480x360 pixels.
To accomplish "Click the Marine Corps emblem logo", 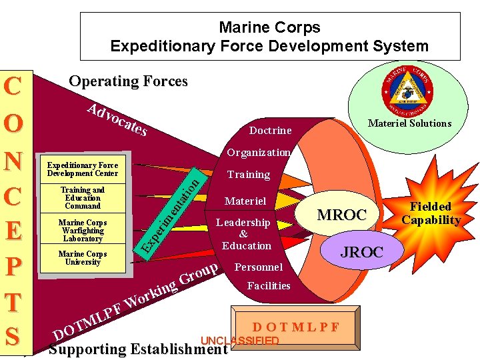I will (407, 89).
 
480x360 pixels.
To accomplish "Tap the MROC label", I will (341, 215).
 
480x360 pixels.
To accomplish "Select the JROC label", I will (362, 252).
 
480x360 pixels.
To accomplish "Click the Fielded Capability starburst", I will (431, 213).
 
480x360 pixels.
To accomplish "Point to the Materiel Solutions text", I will (409, 123).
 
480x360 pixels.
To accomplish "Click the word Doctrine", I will (270, 131).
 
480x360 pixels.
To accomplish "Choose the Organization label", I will (258, 153).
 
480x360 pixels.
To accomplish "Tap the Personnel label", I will (259, 267).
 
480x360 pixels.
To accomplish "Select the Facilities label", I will (268, 286).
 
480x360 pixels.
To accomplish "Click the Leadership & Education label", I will (246, 234).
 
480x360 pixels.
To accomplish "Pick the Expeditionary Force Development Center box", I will (83, 169).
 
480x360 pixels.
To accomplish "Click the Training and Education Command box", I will (83, 198).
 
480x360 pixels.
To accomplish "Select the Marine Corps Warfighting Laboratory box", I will (83, 230).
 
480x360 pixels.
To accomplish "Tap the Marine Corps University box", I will (83, 258).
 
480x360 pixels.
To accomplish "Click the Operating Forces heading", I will (128, 81).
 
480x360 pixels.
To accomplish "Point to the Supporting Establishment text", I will (138, 349).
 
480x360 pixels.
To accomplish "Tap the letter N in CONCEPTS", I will (15, 161).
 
